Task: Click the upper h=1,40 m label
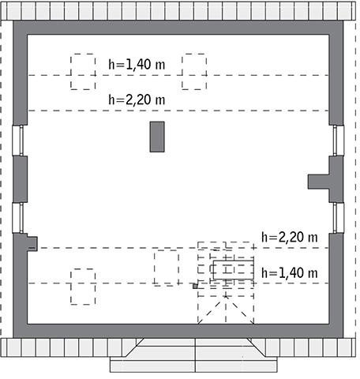click(x=137, y=64)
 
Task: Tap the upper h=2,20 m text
click(x=137, y=99)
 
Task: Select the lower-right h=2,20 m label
click(x=289, y=237)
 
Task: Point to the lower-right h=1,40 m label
click(x=289, y=272)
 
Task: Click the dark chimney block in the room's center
click(x=158, y=136)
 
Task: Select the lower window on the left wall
click(x=18, y=218)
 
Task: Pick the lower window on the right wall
click(x=338, y=218)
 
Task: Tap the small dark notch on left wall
click(x=32, y=242)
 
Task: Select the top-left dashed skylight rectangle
click(x=82, y=71)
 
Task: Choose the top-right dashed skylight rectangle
click(x=194, y=71)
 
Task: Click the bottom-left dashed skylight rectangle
click(x=83, y=286)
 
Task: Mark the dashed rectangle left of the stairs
click(x=166, y=267)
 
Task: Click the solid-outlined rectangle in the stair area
click(x=233, y=270)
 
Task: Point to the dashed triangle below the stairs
click(x=226, y=309)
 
